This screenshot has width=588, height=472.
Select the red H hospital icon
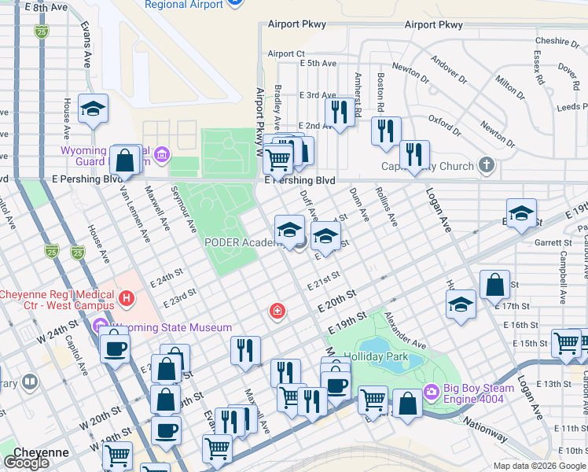(x=126, y=299)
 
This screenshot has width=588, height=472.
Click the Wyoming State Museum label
(x=171, y=327)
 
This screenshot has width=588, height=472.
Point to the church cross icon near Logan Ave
(x=487, y=165)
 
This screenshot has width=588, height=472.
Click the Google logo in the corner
(x=27, y=463)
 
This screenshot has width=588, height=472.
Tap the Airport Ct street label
(x=285, y=53)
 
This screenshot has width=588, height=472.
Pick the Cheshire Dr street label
(x=556, y=41)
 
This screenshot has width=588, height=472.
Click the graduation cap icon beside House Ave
(x=94, y=110)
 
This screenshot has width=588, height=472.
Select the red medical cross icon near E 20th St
(x=276, y=312)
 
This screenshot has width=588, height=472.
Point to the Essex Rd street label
(x=538, y=68)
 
